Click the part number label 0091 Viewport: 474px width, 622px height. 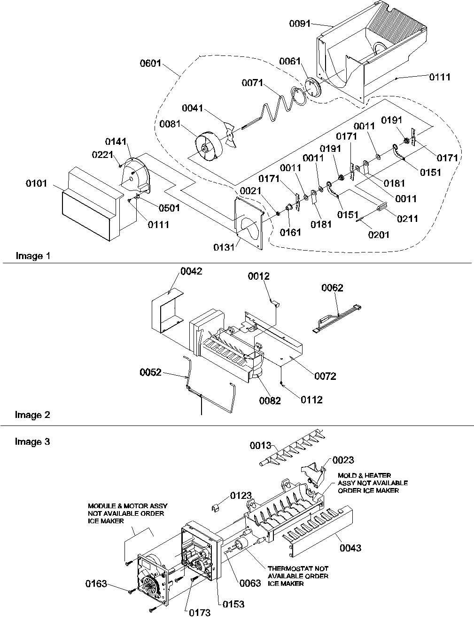tap(300, 23)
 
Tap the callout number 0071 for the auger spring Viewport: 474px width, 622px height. tap(253, 83)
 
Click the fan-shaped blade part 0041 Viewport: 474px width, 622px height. tap(231, 133)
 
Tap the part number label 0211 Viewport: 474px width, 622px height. tap(407, 218)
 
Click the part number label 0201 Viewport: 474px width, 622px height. tap(379, 234)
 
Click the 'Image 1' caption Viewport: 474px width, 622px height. tap(32, 256)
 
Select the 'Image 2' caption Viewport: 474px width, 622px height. tap(32, 415)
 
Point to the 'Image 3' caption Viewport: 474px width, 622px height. tap(32, 441)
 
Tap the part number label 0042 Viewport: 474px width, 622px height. tap(191, 271)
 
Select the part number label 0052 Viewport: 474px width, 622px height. tap(150, 372)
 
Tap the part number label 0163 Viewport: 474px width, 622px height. tap(96, 584)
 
